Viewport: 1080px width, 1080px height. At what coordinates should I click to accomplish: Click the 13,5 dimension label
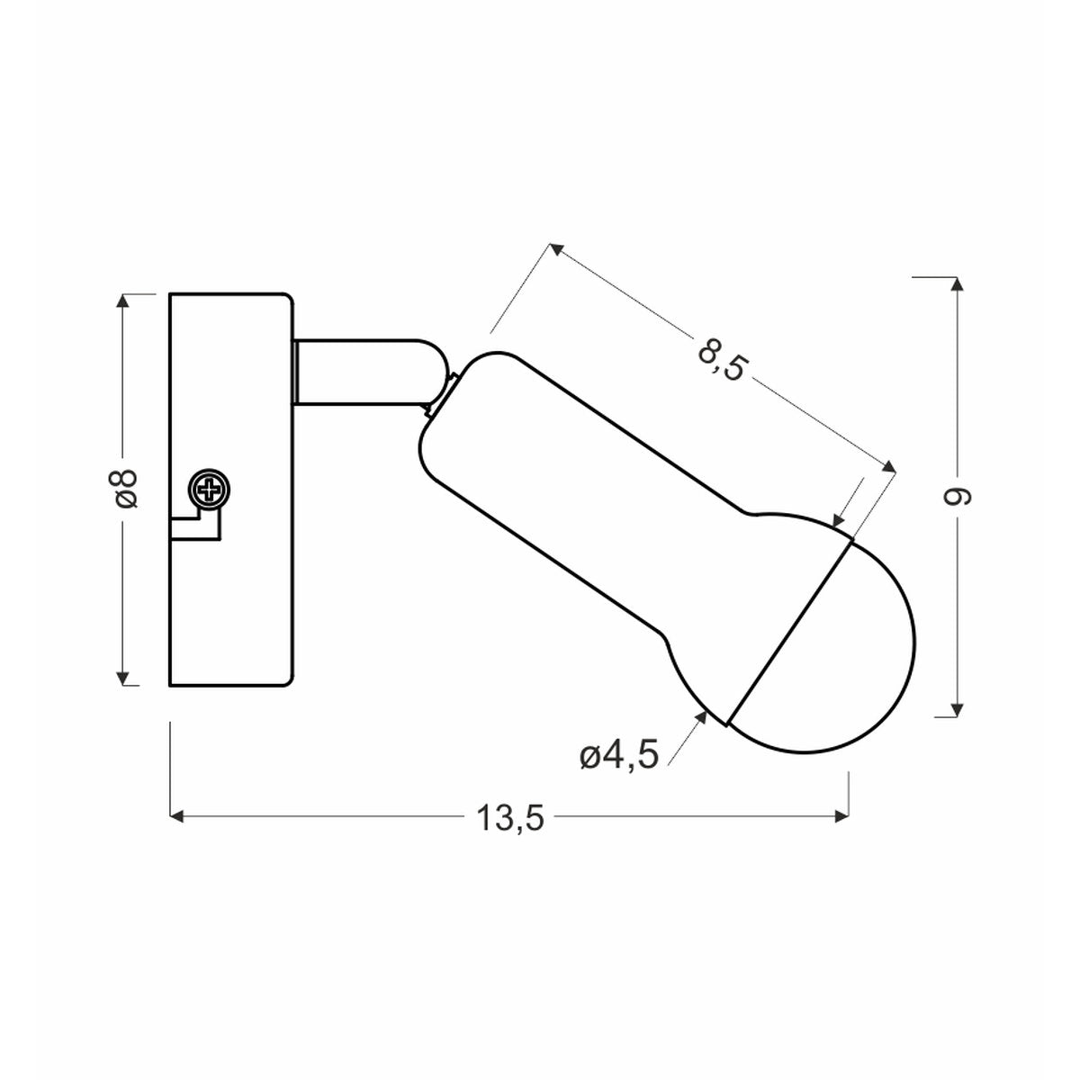[x=510, y=818]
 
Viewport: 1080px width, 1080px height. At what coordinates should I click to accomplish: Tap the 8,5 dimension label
[x=723, y=359]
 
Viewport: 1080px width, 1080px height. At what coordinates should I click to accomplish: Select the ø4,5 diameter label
[x=619, y=757]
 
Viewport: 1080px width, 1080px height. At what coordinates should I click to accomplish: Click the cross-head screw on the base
[x=210, y=490]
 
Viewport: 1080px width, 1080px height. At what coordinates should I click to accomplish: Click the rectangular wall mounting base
[x=231, y=490]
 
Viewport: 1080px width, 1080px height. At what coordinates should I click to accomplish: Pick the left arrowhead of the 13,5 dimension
[x=176, y=816]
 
